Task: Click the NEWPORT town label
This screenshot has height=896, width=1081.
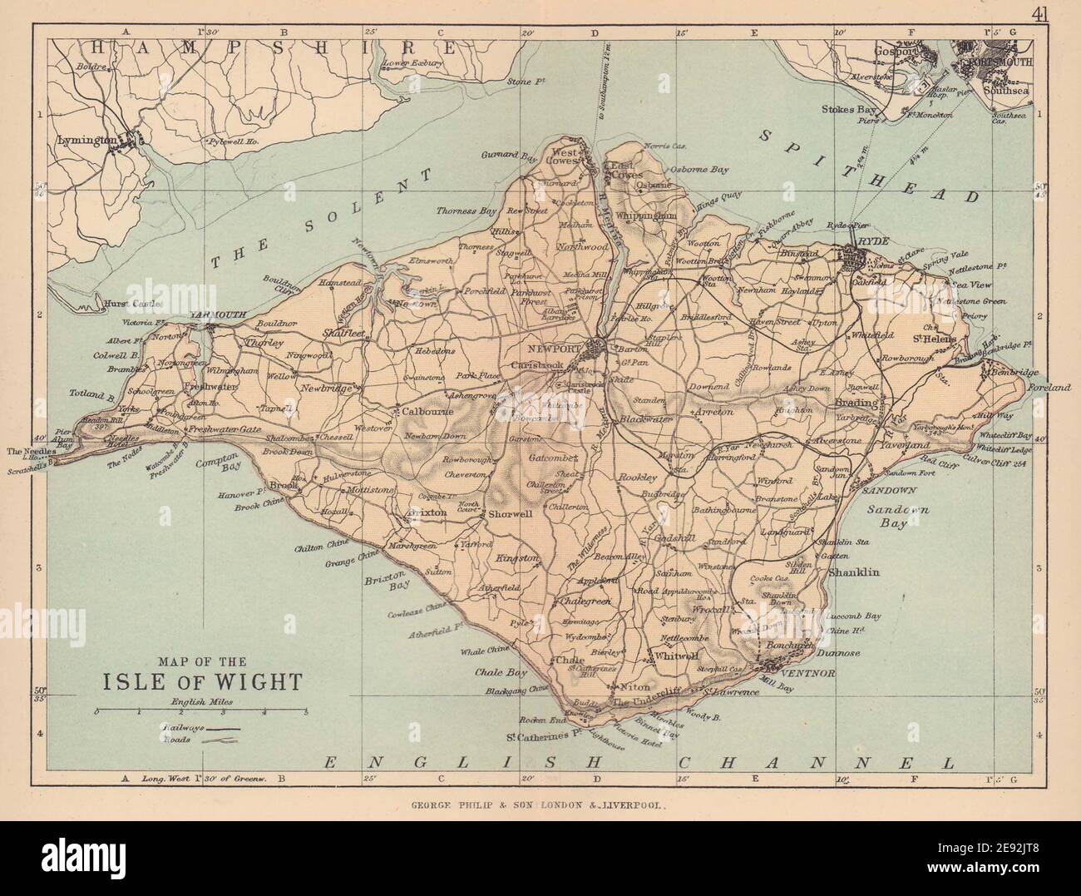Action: tap(558, 347)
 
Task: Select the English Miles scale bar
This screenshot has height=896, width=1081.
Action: tap(202, 712)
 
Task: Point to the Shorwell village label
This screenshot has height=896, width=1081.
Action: tap(510, 513)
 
